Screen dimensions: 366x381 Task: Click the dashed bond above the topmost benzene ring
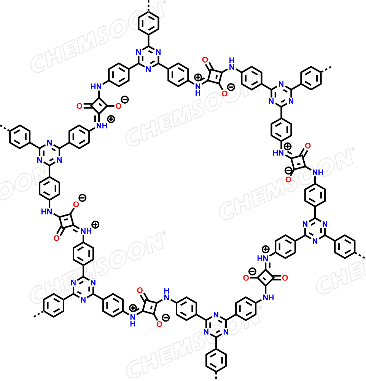[x=148, y=5]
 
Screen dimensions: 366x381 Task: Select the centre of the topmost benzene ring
[x=148, y=23]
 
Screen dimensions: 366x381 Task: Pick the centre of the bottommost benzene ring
[x=216, y=360]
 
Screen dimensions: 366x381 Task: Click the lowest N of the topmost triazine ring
[x=148, y=69]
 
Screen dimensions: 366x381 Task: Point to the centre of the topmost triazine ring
[x=148, y=58]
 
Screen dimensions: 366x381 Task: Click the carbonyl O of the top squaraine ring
[x=205, y=60]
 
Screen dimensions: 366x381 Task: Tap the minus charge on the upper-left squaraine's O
[x=125, y=99]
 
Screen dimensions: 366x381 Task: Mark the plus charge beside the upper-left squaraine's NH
[x=111, y=119]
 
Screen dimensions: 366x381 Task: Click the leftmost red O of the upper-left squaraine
[x=80, y=106]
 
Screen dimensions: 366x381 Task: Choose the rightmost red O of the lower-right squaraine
[x=285, y=278]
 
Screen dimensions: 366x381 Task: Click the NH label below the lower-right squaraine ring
[x=269, y=297]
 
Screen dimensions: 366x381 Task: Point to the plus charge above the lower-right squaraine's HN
[x=266, y=249]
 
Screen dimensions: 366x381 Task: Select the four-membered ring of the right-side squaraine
[x=299, y=162]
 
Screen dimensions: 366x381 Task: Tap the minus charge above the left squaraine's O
[x=83, y=198]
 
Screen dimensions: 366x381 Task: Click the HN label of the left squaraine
[x=46, y=211]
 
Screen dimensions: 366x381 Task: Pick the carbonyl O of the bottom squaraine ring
[x=140, y=290]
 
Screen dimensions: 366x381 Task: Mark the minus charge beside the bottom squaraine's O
[x=166, y=318]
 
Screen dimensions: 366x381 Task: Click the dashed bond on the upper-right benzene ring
[x=326, y=69]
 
